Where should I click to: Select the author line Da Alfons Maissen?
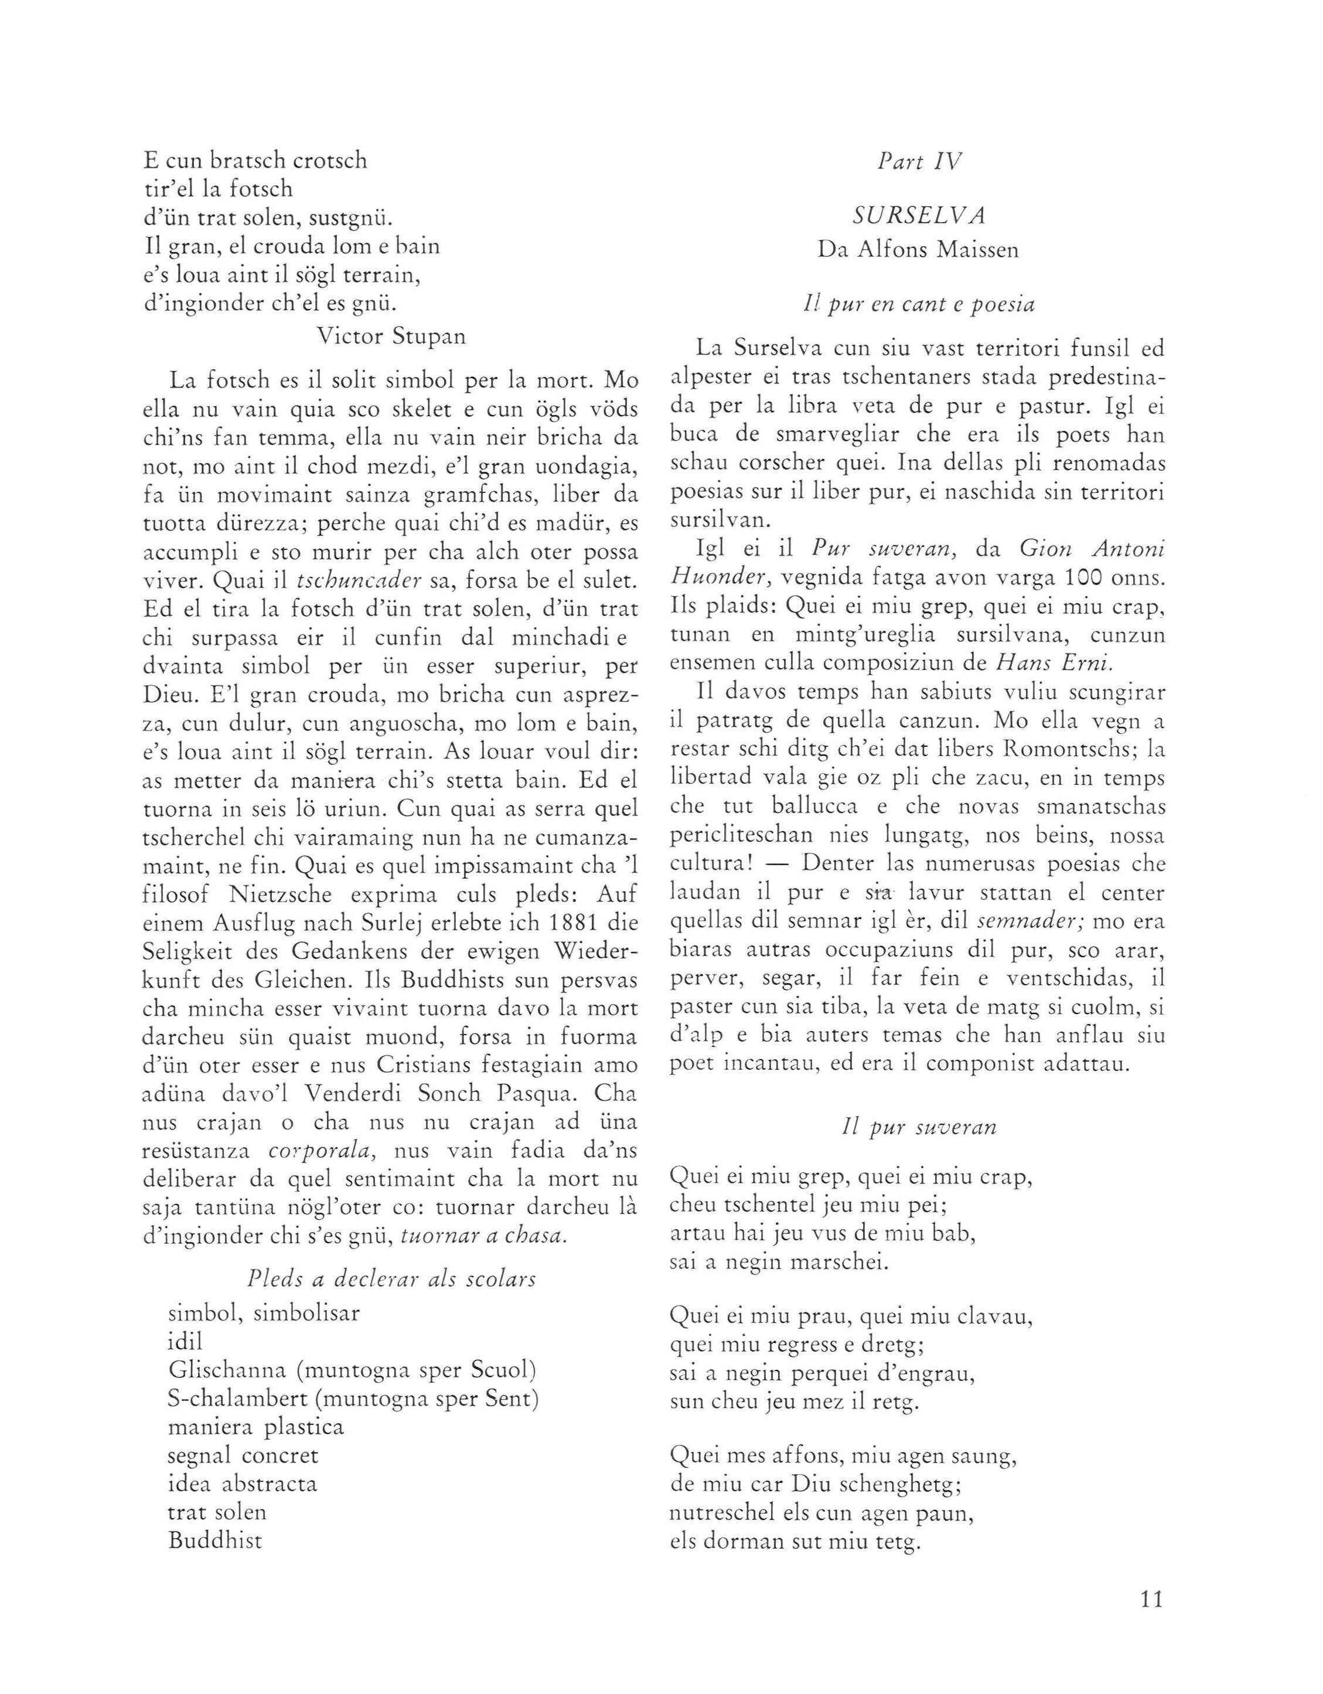(918, 250)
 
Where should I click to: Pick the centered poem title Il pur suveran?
(918, 1127)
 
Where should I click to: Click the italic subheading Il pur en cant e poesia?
(918, 305)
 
